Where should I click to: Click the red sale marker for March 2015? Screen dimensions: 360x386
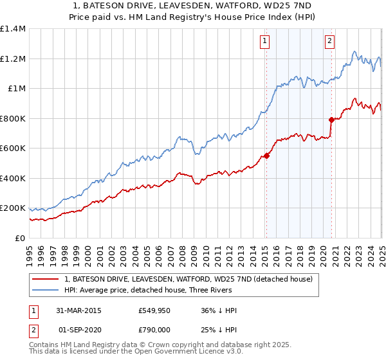point(266,156)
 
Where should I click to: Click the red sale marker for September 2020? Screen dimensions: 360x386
point(331,120)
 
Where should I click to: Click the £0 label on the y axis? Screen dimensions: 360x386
point(20,238)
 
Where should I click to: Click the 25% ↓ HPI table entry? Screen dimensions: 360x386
point(219,329)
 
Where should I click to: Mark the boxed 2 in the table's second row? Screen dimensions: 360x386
point(33,329)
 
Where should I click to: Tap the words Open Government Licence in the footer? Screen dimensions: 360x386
point(147,352)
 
